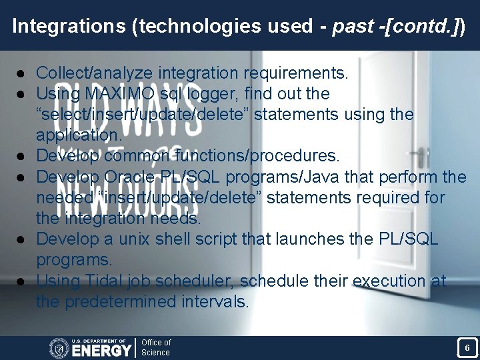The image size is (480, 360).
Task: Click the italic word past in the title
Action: tap(353, 26)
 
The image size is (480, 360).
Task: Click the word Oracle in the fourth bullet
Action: tap(135, 177)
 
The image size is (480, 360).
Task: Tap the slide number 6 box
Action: tap(467, 347)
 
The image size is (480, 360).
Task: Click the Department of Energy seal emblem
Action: tap(59, 347)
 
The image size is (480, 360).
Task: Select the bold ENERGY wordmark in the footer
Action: tap(101, 350)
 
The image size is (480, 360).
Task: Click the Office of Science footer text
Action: tap(156, 347)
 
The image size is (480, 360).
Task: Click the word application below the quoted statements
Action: tap(78, 135)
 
